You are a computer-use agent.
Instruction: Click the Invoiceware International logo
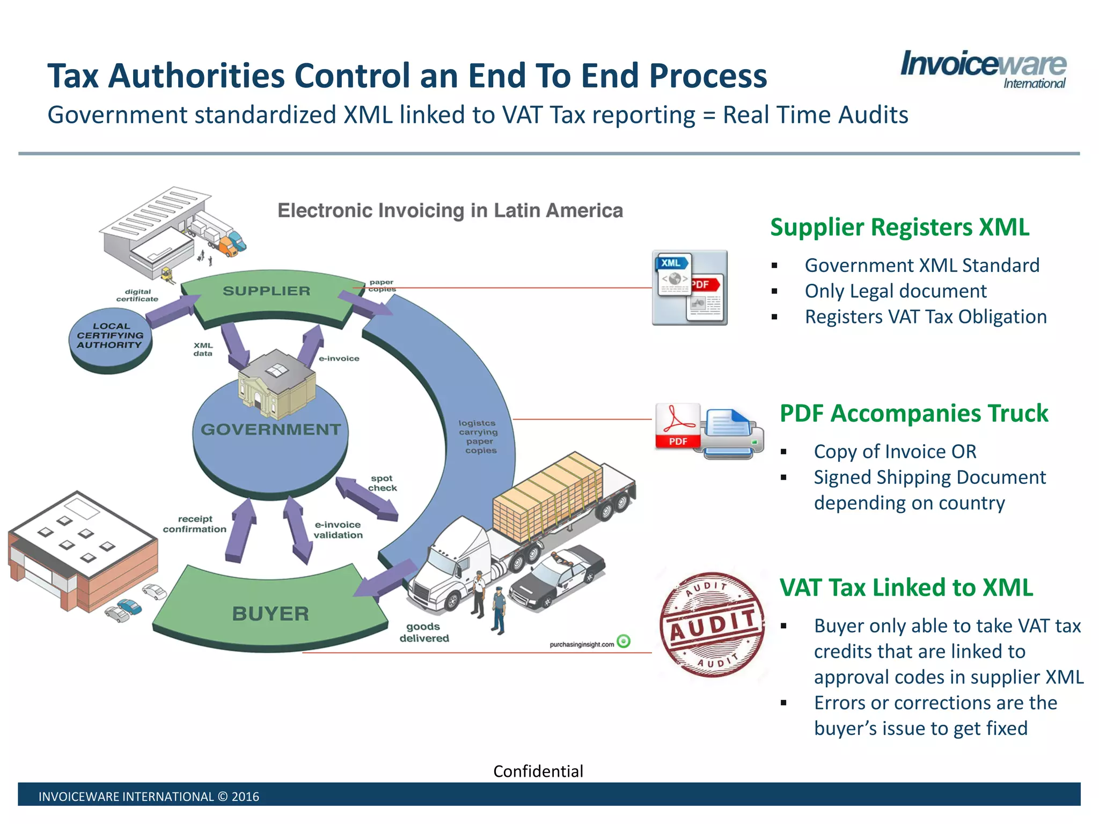(983, 69)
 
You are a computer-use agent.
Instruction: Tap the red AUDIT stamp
(712, 625)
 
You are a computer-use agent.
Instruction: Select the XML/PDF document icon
(690, 288)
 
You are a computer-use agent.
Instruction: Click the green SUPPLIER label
(267, 291)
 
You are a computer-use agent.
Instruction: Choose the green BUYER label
(270, 614)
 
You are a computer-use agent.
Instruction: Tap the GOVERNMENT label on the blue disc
(270, 430)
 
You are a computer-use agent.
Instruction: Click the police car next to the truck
(556, 578)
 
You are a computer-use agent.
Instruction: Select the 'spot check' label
(382, 483)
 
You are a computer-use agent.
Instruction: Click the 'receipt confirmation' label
(195, 524)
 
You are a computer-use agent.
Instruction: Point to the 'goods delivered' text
(424, 632)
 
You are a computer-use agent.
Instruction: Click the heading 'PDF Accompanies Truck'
(913, 414)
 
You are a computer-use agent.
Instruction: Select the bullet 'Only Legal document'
(895, 291)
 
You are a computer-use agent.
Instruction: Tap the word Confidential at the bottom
(538, 771)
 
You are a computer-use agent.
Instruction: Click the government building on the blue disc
(276, 384)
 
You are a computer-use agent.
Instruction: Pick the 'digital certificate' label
(137, 296)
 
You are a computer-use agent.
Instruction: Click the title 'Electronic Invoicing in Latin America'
(450, 211)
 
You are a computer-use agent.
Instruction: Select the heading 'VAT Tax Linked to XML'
(906, 587)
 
